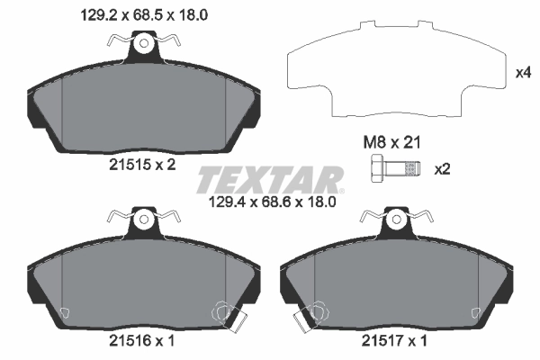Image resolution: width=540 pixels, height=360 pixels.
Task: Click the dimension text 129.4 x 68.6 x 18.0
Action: (271, 202)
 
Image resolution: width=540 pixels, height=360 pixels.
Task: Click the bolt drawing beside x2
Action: (396, 168)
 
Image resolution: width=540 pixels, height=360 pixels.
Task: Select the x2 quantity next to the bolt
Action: (442, 169)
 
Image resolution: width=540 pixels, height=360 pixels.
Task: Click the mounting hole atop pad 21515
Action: (143, 41)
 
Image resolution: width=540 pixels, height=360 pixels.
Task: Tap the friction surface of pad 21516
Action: (143, 283)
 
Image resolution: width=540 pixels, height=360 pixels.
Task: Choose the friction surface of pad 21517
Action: (397, 283)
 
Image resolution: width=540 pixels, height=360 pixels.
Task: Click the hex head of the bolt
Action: (377, 168)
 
